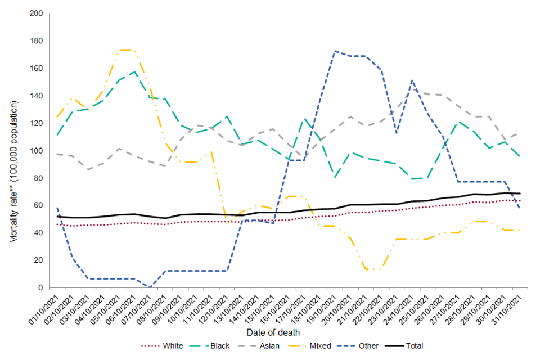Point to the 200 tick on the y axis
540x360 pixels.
[x=37, y=13]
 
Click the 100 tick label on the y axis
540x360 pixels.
[x=37, y=151]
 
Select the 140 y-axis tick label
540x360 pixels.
[x=37, y=96]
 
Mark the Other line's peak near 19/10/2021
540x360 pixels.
[x=336, y=51]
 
